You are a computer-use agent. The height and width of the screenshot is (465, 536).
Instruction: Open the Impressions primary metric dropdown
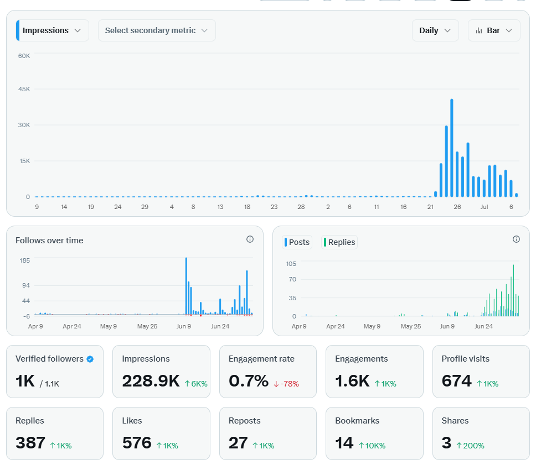52,30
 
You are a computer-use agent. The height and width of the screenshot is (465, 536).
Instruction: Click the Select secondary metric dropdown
157,30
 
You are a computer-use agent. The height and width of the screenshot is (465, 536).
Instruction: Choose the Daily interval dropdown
435,30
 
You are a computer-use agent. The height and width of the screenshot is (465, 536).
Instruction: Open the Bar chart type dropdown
494,30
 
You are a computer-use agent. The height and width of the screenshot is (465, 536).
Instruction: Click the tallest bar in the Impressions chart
452,148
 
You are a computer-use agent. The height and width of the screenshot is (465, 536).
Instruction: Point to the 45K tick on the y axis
24,89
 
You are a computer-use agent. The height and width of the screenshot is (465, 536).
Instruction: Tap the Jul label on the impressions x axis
484,207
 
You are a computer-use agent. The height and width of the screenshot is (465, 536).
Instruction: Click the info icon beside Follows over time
250,239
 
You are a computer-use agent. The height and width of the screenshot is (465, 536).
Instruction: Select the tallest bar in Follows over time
186,286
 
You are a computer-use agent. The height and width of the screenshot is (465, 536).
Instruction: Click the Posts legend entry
297,242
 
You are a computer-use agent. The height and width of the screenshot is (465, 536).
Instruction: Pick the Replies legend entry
339,242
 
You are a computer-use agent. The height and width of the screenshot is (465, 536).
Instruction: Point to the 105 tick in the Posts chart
291,264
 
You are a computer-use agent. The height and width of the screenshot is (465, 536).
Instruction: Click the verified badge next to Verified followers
90,359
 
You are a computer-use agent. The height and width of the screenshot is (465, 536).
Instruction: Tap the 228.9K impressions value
151,380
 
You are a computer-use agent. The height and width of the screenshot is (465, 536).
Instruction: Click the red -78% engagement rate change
286,384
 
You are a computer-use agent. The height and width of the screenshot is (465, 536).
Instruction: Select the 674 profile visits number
456,380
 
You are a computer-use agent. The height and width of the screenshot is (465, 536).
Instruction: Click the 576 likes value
137,442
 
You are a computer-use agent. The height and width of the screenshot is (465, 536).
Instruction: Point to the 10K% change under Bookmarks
372,446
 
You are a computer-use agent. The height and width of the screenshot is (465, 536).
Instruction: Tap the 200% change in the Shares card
470,446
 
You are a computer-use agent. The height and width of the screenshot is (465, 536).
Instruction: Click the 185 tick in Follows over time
24,260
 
